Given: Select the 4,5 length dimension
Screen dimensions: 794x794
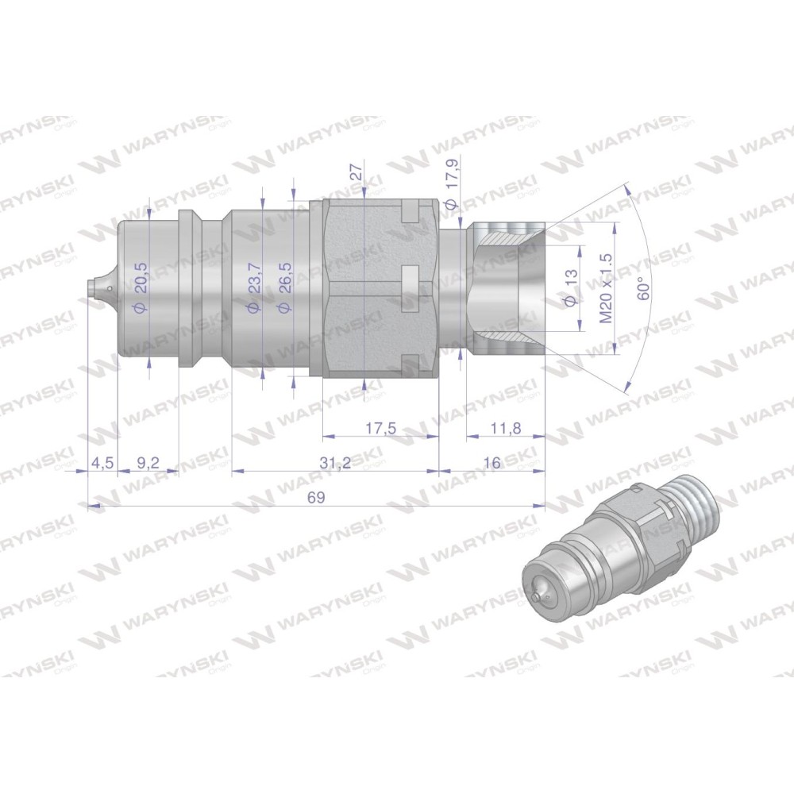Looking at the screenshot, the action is point(102,463).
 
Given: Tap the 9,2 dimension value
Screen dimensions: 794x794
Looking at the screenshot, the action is point(148,463).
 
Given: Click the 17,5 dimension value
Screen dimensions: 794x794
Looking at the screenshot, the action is point(381,429).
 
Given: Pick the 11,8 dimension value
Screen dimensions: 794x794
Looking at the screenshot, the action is point(505,429).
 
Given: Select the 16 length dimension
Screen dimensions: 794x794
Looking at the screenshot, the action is point(491,463).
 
